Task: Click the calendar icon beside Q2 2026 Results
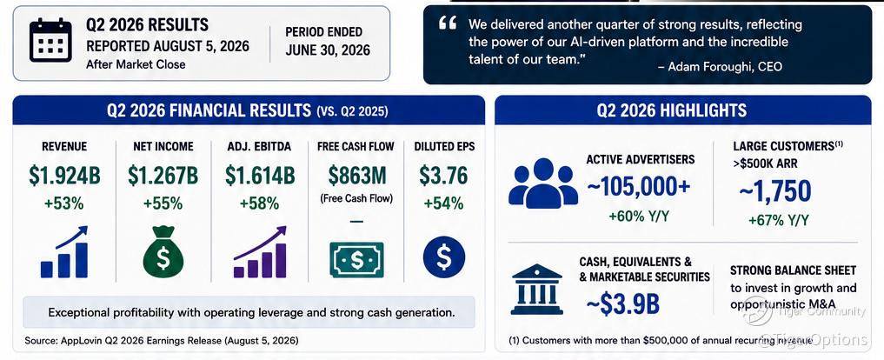pos(50,40)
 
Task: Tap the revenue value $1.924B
pos(64,176)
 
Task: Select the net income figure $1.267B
pos(163,176)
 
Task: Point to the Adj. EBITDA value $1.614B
pos(260,176)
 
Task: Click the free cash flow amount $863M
pos(357,176)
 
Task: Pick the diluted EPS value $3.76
pos(443,176)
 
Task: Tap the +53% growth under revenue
pos(64,203)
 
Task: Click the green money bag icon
pos(163,251)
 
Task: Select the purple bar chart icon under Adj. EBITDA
pos(260,251)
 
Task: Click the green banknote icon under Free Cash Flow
pos(357,259)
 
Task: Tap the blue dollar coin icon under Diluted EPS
pos(443,257)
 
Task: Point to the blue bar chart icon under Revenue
pos(64,251)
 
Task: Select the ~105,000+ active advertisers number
pos(638,187)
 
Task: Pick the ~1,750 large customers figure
pos(774,192)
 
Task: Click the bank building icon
pos(536,290)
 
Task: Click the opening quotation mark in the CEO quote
pos(447,24)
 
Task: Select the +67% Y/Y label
pos(779,220)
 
